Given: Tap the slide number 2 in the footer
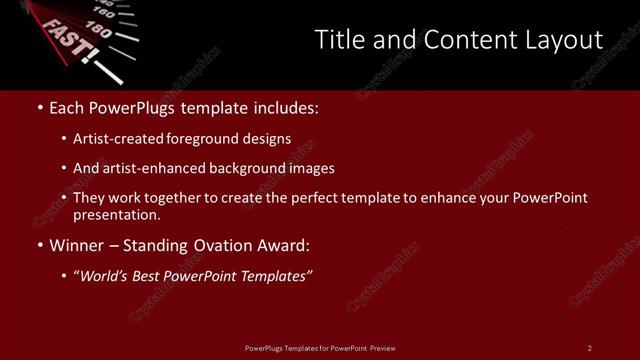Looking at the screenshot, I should pos(590,348).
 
